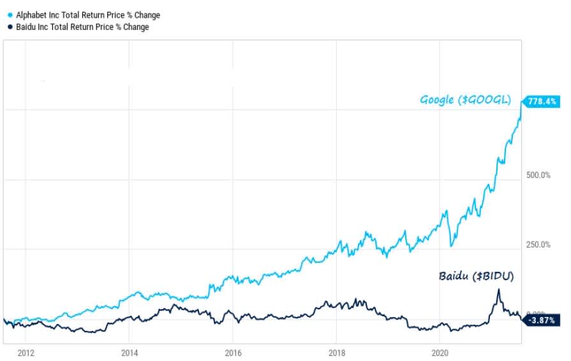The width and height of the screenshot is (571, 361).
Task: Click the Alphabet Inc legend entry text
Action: click(88, 15)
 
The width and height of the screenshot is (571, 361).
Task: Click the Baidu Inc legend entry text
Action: click(82, 27)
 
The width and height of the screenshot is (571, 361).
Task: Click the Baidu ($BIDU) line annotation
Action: click(477, 276)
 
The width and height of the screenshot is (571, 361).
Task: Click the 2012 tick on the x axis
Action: click(26, 352)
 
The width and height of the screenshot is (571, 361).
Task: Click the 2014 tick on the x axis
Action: click(129, 352)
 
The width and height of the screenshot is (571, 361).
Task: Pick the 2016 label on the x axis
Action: click(233, 352)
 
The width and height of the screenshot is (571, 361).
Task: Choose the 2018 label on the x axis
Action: click(337, 352)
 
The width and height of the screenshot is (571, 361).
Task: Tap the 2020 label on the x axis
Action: click(440, 352)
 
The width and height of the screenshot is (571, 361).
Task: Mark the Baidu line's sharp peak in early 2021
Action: click(498, 290)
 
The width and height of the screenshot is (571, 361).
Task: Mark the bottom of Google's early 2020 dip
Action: click(451, 246)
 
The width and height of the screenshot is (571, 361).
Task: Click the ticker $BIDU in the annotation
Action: click(494, 276)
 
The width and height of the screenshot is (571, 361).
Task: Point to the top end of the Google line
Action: click(521, 102)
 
